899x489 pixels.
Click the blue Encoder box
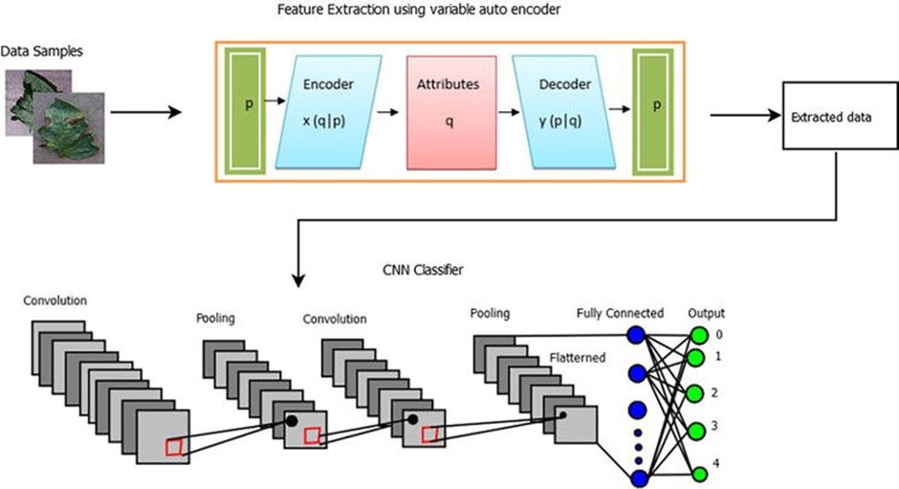click(x=328, y=112)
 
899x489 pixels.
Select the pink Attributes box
click(x=448, y=112)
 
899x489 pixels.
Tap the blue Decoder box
click(x=565, y=112)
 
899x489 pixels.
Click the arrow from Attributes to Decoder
click(x=502, y=111)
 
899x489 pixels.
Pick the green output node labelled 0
click(x=699, y=336)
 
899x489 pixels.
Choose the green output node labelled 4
click(x=699, y=473)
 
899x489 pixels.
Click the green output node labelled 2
click(x=699, y=393)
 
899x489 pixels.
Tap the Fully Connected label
click(x=620, y=314)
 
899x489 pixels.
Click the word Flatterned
click(x=578, y=359)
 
